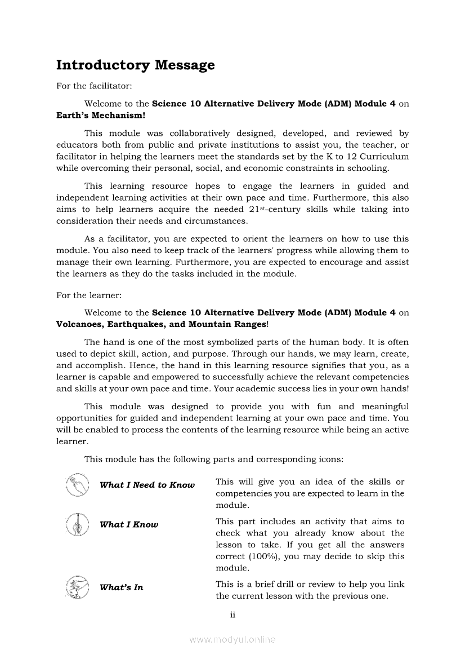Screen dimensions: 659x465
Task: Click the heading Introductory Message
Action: (135, 65)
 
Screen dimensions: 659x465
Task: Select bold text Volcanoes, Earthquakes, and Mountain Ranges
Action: (161, 324)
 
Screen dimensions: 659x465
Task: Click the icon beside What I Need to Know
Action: (77, 485)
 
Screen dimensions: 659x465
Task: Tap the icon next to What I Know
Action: (77, 524)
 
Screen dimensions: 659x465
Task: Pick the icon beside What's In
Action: (77, 587)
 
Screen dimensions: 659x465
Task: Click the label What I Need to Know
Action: (147, 485)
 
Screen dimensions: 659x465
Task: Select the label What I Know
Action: (129, 525)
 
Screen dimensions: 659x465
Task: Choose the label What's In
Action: (121, 587)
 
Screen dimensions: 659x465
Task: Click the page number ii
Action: (232, 615)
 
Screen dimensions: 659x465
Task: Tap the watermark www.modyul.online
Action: (232, 639)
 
